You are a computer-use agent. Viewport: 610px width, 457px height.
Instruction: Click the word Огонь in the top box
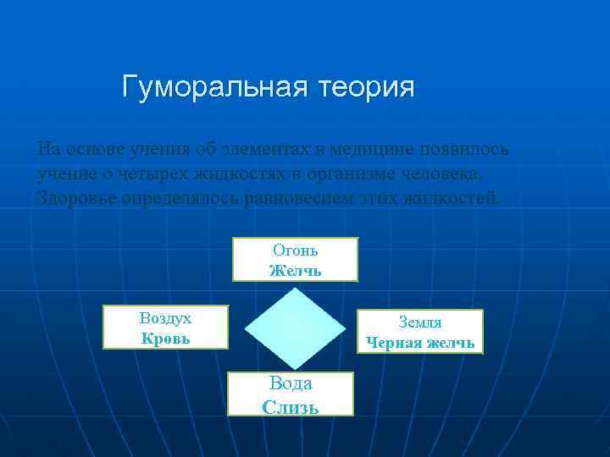(295, 251)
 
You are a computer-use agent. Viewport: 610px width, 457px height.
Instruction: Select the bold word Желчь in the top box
(295, 271)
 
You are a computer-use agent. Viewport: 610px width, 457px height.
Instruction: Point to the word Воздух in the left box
(165, 318)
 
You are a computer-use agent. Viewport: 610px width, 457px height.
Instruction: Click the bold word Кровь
(165, 338)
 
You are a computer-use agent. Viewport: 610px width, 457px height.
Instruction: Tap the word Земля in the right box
(420, 322)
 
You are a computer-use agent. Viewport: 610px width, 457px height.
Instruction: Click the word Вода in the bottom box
(291, 383)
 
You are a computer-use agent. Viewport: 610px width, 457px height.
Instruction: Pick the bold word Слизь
(291, 407)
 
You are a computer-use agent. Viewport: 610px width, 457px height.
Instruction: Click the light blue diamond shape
(296, 329)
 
